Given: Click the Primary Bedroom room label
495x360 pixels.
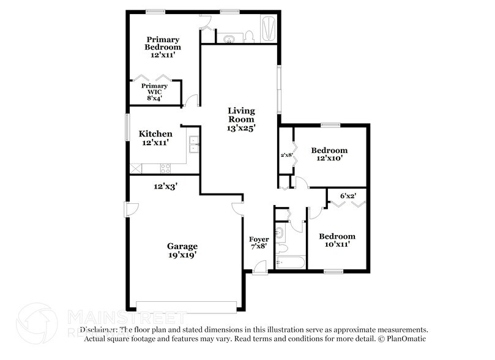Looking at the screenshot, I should [x=163, y=43].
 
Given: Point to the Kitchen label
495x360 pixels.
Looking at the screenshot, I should [x=155, y=133].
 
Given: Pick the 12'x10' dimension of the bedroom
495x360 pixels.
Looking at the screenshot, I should [x=329, y=158].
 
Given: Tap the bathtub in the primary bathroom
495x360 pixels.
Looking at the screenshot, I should [x=269, y=29].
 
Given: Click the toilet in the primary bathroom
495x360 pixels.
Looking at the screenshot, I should [x=249, y=37].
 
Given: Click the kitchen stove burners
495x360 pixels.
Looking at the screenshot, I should [x=165, y=168].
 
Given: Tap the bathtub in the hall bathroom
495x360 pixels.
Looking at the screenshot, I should [x=290, y=262].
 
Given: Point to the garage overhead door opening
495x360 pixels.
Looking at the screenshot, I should [x=186, y=306].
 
